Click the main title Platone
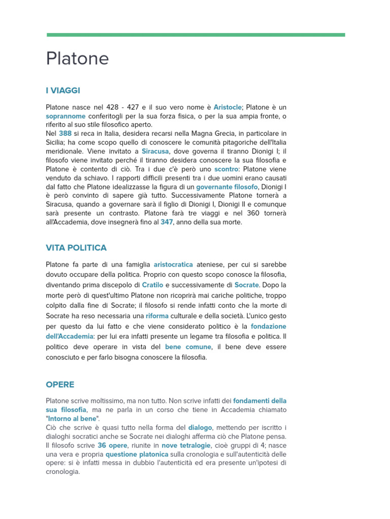(77, 59)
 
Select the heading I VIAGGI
(63, 91)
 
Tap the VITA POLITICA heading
(76, 248)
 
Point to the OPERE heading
(60, 385)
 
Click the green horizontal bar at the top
(196, 35)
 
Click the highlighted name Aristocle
(227, 107)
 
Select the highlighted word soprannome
(66, 116)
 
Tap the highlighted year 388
(65, 133)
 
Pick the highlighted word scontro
(226, 169)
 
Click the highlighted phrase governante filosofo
(227, 187)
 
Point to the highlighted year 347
(167, 222)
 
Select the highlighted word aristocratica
(173, 264)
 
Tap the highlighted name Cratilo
(152, 285)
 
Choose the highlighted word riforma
(157, 316)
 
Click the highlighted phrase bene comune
(188, 347)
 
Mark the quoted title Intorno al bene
(73, 418)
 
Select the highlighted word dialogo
(200, 427)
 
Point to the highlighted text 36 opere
(112, 445)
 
